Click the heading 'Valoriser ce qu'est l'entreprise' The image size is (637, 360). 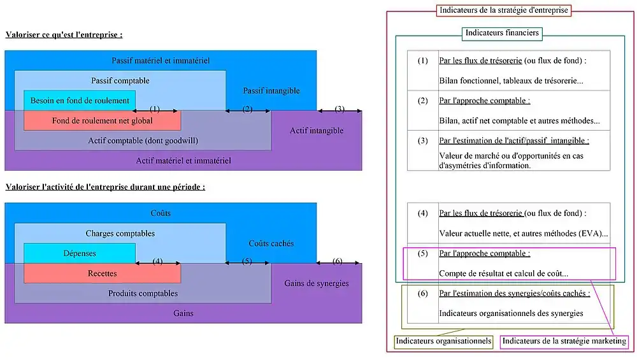point(64,34)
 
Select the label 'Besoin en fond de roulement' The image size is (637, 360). point(80,101)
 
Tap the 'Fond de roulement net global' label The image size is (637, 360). point(103,120)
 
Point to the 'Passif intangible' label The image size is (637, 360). point(271,91)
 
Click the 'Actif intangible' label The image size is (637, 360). point(317,131)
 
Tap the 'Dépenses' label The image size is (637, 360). point(80,254)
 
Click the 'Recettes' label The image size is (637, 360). point(103,273)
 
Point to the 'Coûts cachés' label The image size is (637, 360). point(271,243)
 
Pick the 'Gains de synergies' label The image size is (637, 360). point(317,283)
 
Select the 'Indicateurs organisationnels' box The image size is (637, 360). point(444,342)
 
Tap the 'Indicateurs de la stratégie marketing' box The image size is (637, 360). point(564,342)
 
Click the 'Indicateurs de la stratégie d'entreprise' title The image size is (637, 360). point(503,10)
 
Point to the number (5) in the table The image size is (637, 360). point(423,254)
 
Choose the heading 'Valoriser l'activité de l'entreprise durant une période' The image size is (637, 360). point(105,187)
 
